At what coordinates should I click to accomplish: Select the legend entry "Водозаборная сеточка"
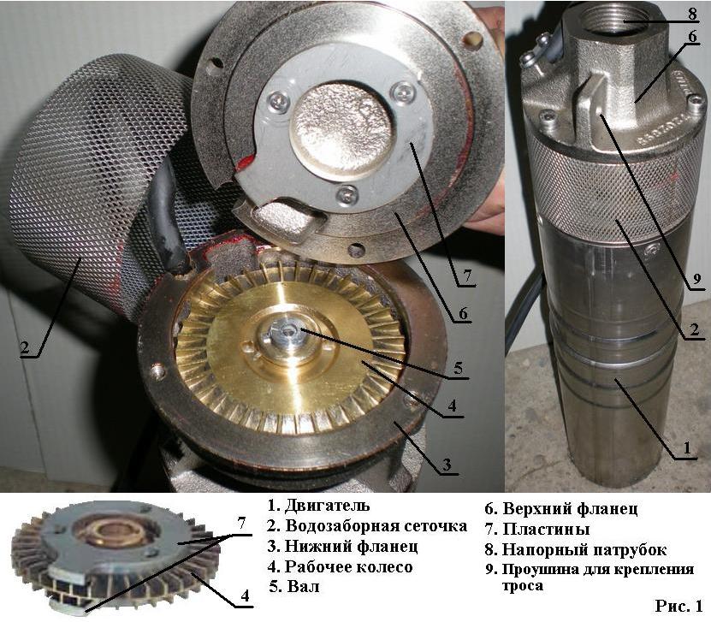376,526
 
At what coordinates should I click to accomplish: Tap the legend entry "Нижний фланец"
351,547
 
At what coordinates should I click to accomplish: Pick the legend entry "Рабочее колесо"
349,566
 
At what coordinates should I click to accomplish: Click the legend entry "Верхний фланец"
570,509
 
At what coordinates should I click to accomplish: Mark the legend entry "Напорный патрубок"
584,550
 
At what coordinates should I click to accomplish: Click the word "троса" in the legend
523,586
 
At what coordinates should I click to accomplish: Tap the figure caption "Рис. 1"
678,606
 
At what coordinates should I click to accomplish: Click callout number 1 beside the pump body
687,448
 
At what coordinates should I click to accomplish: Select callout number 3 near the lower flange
447,465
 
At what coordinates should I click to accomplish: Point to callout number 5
459,368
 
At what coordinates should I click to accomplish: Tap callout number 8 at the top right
692,14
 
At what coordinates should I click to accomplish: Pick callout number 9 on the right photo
697,280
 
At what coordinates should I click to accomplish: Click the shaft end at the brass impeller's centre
285,332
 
